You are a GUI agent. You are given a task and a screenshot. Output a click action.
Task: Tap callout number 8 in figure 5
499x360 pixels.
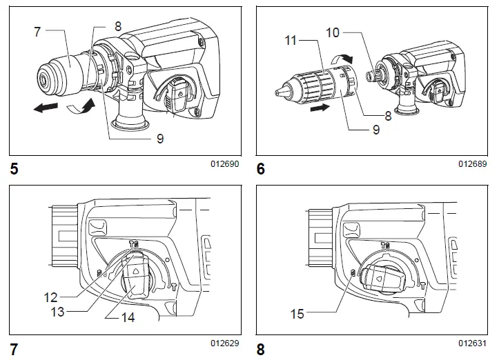coord(118,26)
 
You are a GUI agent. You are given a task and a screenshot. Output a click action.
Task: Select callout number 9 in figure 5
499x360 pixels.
coord(159,139)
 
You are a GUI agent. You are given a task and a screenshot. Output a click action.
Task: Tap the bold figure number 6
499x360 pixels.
coord(261,168)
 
